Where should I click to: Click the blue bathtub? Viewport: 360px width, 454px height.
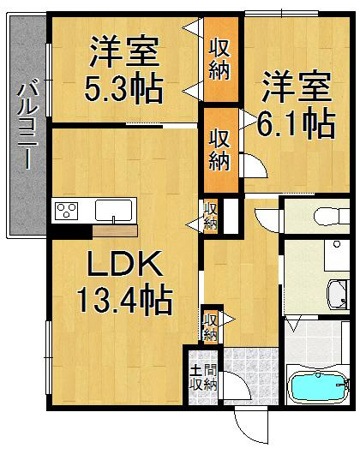point(319,387)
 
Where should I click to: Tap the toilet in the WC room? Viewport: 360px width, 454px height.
point(331,217)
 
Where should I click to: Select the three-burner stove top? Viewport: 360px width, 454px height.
point(67,211)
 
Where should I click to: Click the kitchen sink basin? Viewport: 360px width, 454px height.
point(113,210)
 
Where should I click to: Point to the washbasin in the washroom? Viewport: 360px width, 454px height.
point(337,294)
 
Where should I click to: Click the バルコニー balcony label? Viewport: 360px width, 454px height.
point(28,126)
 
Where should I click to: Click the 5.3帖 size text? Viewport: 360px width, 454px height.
point(124,89)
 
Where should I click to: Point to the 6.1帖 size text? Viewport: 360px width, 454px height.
point(296,123)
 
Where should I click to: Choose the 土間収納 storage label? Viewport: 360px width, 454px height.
point(203,378)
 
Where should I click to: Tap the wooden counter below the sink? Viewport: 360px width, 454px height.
point(115,231)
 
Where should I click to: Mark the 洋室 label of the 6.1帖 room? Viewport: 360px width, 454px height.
point(296,87)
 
